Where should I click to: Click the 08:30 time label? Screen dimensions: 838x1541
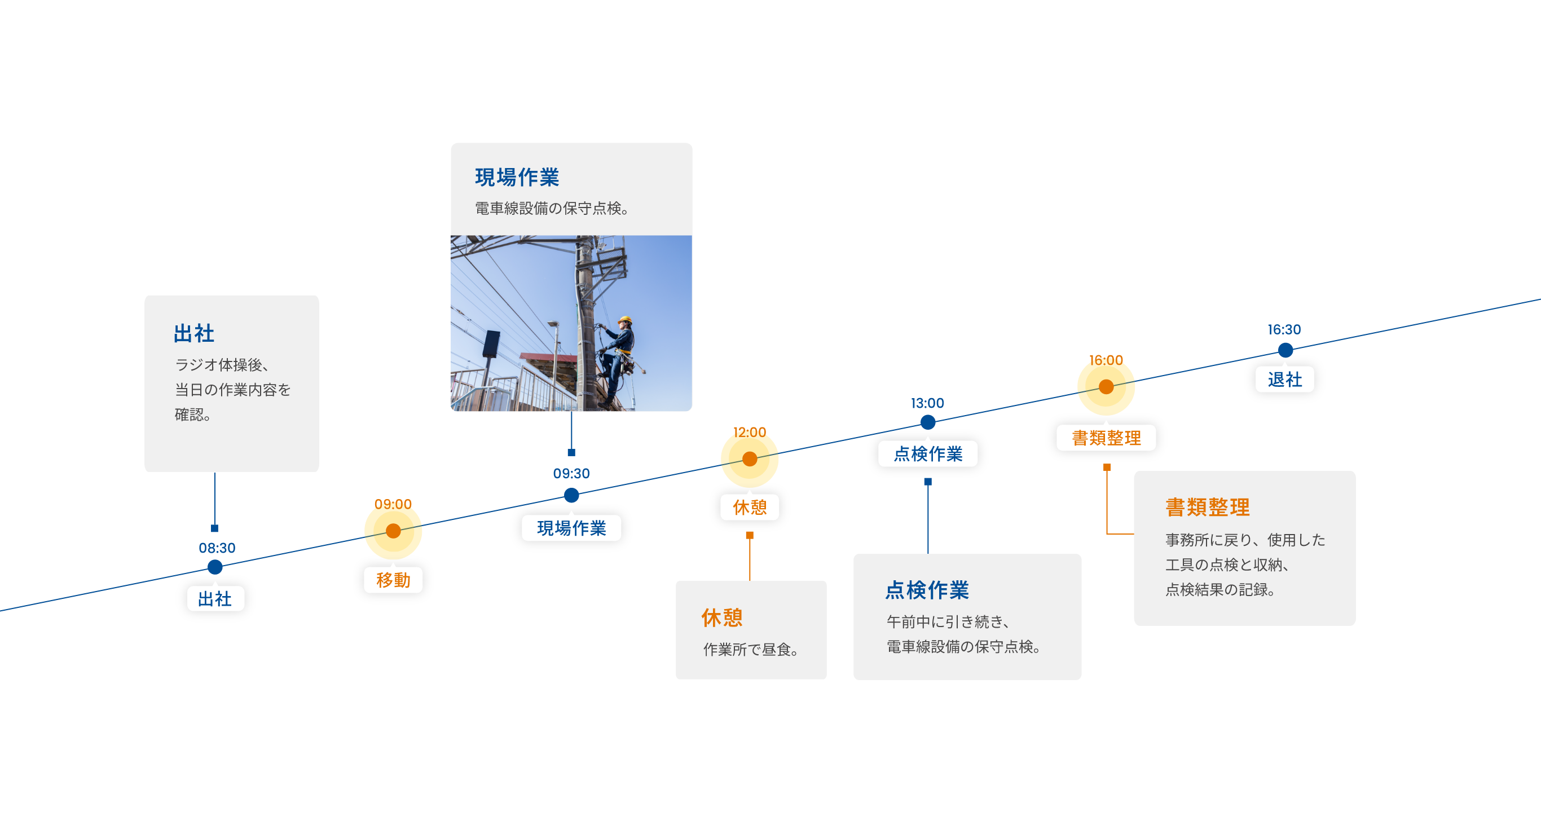tap(217, 548)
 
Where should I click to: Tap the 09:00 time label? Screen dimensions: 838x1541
tap(393, 504)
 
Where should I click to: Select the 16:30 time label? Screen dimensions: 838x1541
tap(1284, 329)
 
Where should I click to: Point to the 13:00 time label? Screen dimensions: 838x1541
tap(927, 403)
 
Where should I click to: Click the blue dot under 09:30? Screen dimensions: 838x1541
tap(571, 495)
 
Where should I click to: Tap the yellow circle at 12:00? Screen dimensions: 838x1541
tap(750, 460)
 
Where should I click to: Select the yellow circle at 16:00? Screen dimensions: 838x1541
tap(1106, 387)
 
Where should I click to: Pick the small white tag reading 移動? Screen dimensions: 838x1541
tap(393, 580)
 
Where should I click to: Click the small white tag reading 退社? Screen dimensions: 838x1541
tap(1284, 379)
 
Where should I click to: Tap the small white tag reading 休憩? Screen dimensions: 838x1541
tap(750, 507)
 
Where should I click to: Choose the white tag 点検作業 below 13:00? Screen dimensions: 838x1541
tap(928, 453)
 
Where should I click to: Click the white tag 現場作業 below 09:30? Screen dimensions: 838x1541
tap(571, 528)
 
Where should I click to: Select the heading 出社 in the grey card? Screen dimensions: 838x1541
tap(194, 333)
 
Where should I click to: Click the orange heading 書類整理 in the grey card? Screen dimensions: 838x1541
tap(1207, 506)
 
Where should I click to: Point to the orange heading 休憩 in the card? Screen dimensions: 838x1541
tap(722, 618)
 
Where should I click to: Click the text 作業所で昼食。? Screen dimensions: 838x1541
tap(751, 649)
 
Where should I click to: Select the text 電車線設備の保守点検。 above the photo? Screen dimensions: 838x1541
tap(552, 208)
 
